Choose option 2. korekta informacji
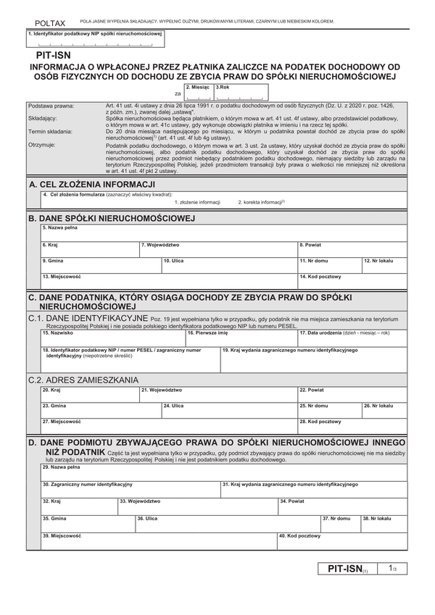coord(262,202)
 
